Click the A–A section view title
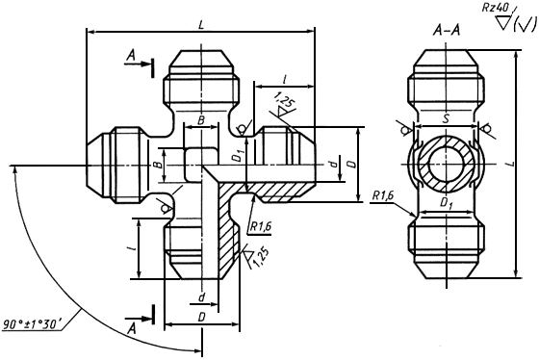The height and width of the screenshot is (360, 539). [447, 32]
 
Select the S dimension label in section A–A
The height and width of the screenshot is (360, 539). [446, 119]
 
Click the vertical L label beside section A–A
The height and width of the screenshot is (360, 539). [511, 164]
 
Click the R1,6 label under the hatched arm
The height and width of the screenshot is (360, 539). [260, 227]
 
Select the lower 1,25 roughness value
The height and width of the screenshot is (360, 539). [261, 258]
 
